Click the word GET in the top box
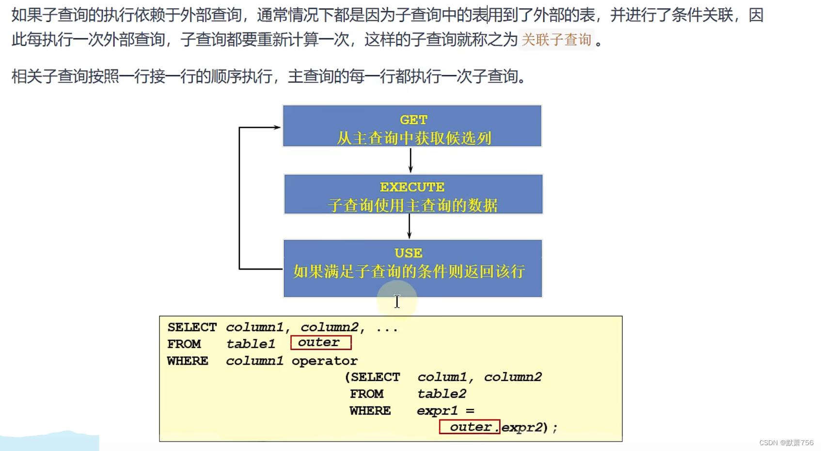(x=413, y=120)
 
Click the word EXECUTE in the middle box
(x=412, y=187)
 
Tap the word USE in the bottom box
(x=408, y=253)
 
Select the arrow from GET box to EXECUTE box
(x=410, y=160)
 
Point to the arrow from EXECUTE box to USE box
(x=410, y=226)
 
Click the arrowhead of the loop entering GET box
(x=277, y=128)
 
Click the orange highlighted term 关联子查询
(x=556, y=40)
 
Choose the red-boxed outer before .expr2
(x=470, y=427)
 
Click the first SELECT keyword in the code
(x=192, y=327)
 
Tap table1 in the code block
(x=251, y=344)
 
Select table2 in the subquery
(x=442, y=394)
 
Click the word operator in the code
(x=324, y=361)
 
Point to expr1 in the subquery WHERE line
(x=437, y=411)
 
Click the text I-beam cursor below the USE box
(x=397, y=301)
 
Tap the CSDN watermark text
(x=786, y=443)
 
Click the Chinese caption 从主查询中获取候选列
(x=414, y=138)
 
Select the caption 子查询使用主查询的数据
(x=412, y=205)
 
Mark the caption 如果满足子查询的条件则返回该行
(x=409, y=272)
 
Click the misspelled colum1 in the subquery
(x=442, y=377)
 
